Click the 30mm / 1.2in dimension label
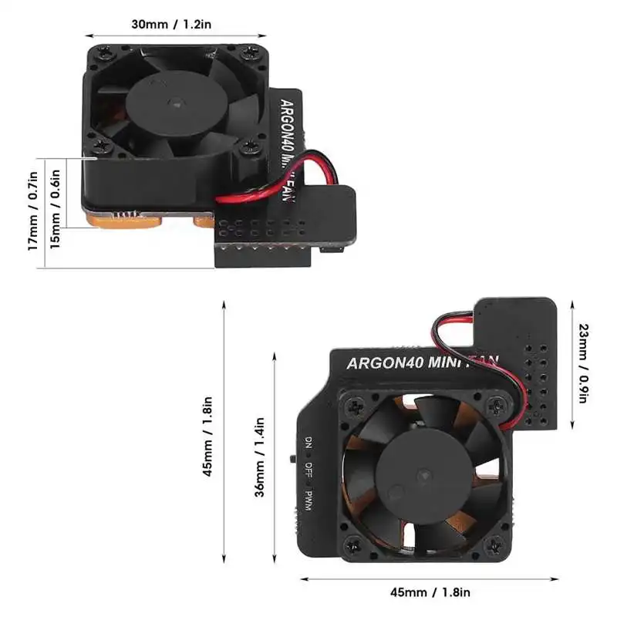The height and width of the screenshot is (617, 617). [x=170, y=24]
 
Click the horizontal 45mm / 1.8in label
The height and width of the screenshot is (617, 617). [x=430, y=592]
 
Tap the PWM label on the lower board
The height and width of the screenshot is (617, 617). [x=307, y=500]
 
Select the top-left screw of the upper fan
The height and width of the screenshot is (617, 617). [x=103, y=52]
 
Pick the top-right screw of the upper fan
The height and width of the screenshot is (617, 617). [x=247, y=52]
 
